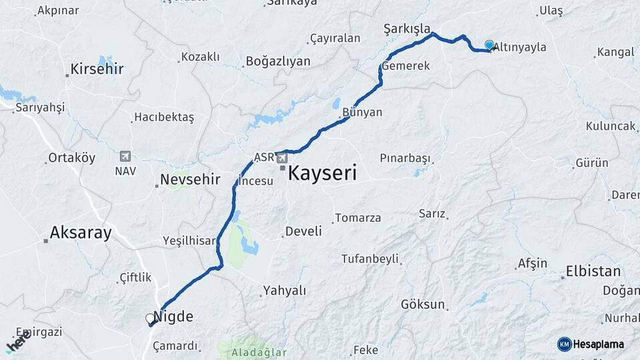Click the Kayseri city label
tap(322, 174)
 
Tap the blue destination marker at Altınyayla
tap(489, 45)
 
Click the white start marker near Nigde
tap(150, 319)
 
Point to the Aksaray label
tap(81, 233)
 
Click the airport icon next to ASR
tap(282, 158)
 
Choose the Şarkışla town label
tap(406, 28)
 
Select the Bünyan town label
tap(362, 112)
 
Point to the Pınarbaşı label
tap(405, 158)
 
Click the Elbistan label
tap(593, 271)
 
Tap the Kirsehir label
tap(97, 69)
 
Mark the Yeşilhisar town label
tap(189, 241)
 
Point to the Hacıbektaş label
tap(163, 117)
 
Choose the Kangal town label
tap(615, 52)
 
